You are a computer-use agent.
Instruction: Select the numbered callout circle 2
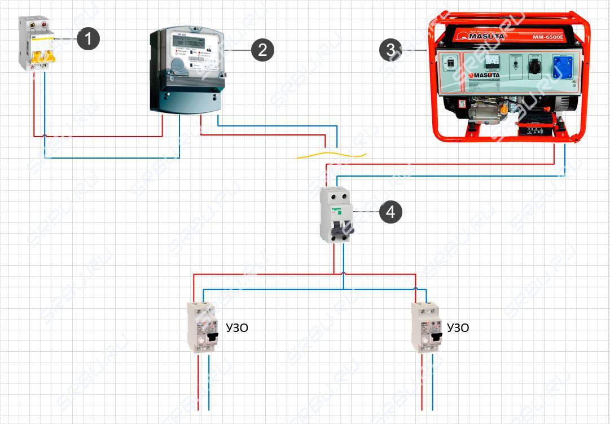(x=262, y=50)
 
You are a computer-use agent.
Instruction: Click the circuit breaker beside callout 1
(x=36, y=44)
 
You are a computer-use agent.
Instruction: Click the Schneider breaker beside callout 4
(x=336, y=215)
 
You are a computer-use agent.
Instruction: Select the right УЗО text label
(x=458, y=328)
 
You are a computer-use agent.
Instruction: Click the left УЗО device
(x=203, y=328)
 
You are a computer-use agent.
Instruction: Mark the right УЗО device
(x=425, y=328)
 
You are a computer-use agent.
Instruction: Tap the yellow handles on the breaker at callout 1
(x=36, y=56)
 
